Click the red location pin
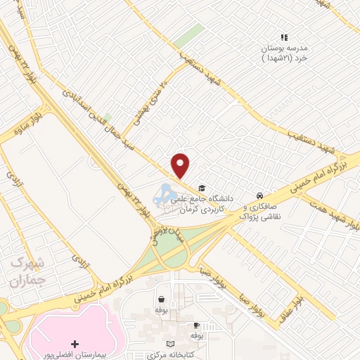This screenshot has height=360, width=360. tap(181, 164)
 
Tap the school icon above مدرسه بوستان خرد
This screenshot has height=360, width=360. tap(284, 37)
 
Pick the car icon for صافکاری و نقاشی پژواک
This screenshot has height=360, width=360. tap(259, 195)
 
